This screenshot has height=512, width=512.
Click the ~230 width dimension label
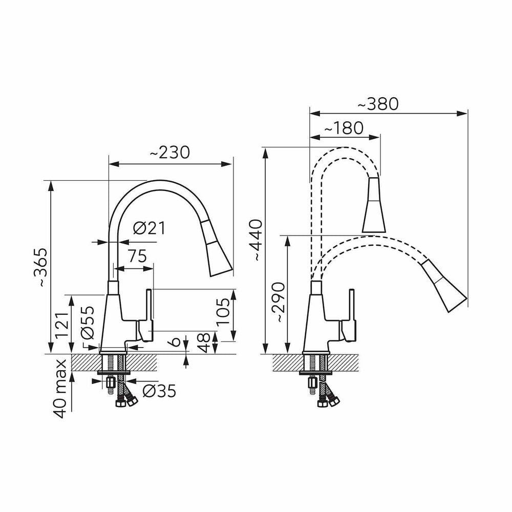[170, 153]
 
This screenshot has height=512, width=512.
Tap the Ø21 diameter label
[149, 228]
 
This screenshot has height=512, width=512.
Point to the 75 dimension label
[137, 256]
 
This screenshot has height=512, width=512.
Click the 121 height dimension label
[62, 326]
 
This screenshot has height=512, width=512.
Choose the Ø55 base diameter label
[87, 322]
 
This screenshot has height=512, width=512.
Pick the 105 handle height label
[223, 311]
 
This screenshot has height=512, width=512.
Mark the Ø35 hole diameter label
[160, 390]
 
